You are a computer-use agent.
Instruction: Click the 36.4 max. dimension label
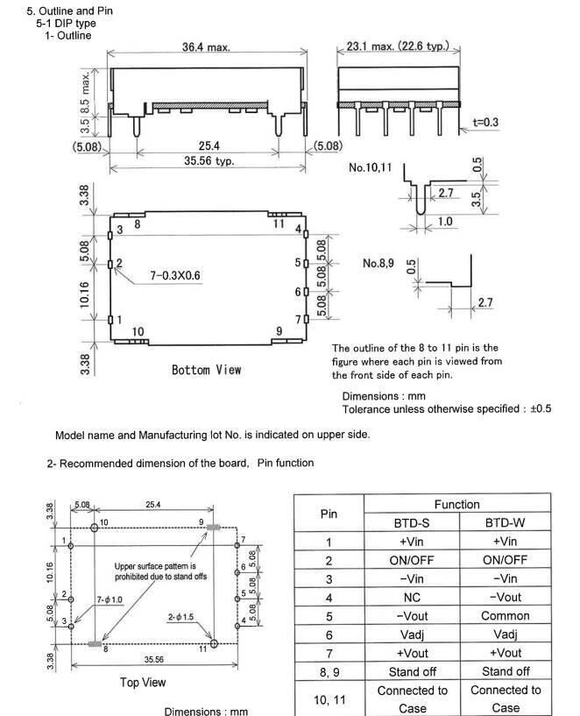click(206, 46)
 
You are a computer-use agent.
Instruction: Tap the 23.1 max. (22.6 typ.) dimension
click(398, 46)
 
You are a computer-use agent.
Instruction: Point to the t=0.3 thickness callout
click(485, 123)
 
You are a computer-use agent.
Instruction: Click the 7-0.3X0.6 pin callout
click(174, 275)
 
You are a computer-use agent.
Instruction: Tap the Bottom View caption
click(206, 370)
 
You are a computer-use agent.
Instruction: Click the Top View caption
click(142, 682)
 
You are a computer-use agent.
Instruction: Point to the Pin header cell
click(329, 514)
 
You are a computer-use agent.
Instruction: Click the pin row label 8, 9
click(329, 671)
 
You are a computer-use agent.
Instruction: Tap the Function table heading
click(456, 504)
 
